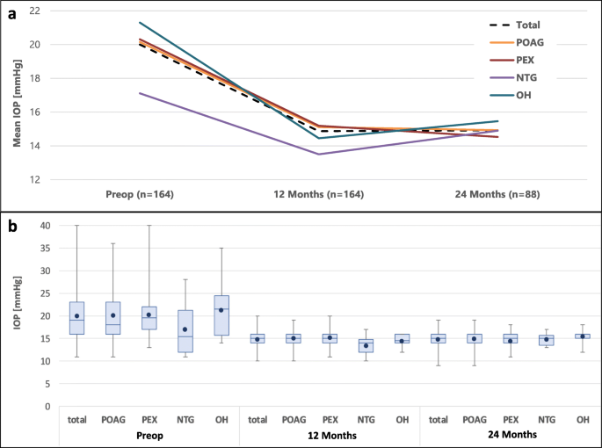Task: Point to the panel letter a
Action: click(x=10, y=9)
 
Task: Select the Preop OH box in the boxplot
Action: click(x=221, y=314)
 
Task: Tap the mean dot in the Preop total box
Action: click(x=77, y=316)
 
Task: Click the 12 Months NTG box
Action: click(x=366, y=345)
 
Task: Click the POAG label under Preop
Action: click(x=113, y=420)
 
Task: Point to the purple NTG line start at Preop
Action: click(x=140, y=93)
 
